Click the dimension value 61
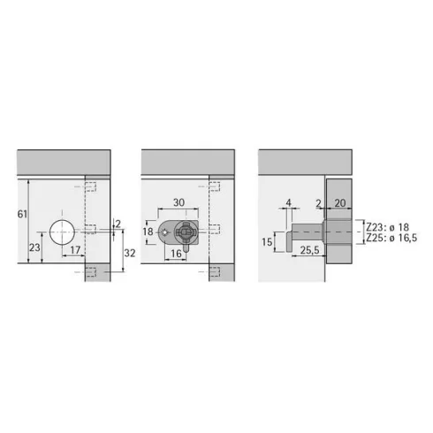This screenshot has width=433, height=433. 22,214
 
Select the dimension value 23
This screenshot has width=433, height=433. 34,247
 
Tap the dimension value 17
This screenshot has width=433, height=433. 75,250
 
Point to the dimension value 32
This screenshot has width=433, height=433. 130,253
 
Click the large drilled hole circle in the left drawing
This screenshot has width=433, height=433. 62,232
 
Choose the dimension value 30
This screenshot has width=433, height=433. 179,202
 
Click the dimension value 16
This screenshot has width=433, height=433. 176,254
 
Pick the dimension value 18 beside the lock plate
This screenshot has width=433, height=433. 148,232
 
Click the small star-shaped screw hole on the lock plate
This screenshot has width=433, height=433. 165,232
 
